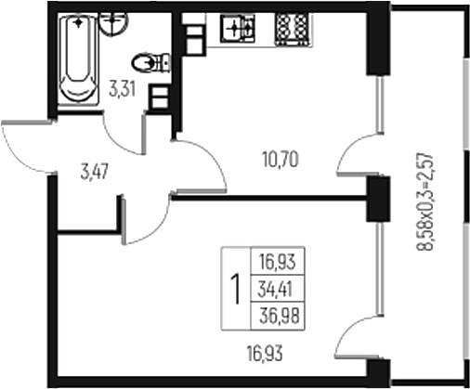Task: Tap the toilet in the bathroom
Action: click(x=150, y=63)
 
